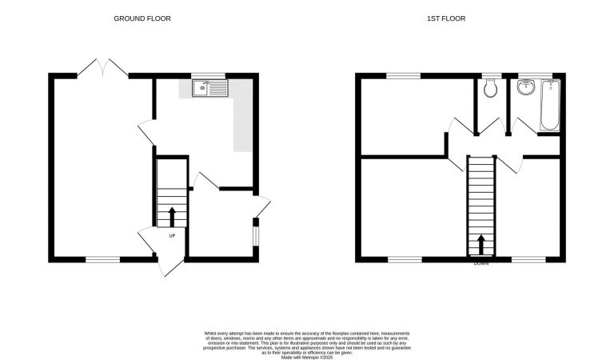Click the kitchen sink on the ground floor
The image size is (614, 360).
tap(209, 87)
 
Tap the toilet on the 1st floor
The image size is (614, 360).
tap(491, 89)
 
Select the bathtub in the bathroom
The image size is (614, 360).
tap(549, 106)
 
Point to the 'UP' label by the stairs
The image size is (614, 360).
tap(172, 235)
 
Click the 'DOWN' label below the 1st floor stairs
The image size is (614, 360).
tap(480, 263)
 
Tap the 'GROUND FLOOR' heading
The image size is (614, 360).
tap(142, 18)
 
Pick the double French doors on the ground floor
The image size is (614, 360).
tap(104, 69)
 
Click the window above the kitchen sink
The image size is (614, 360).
tap(208, 75)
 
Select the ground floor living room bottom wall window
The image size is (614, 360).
tap(102, 258)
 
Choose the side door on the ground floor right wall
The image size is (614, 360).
tap(262, 206)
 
